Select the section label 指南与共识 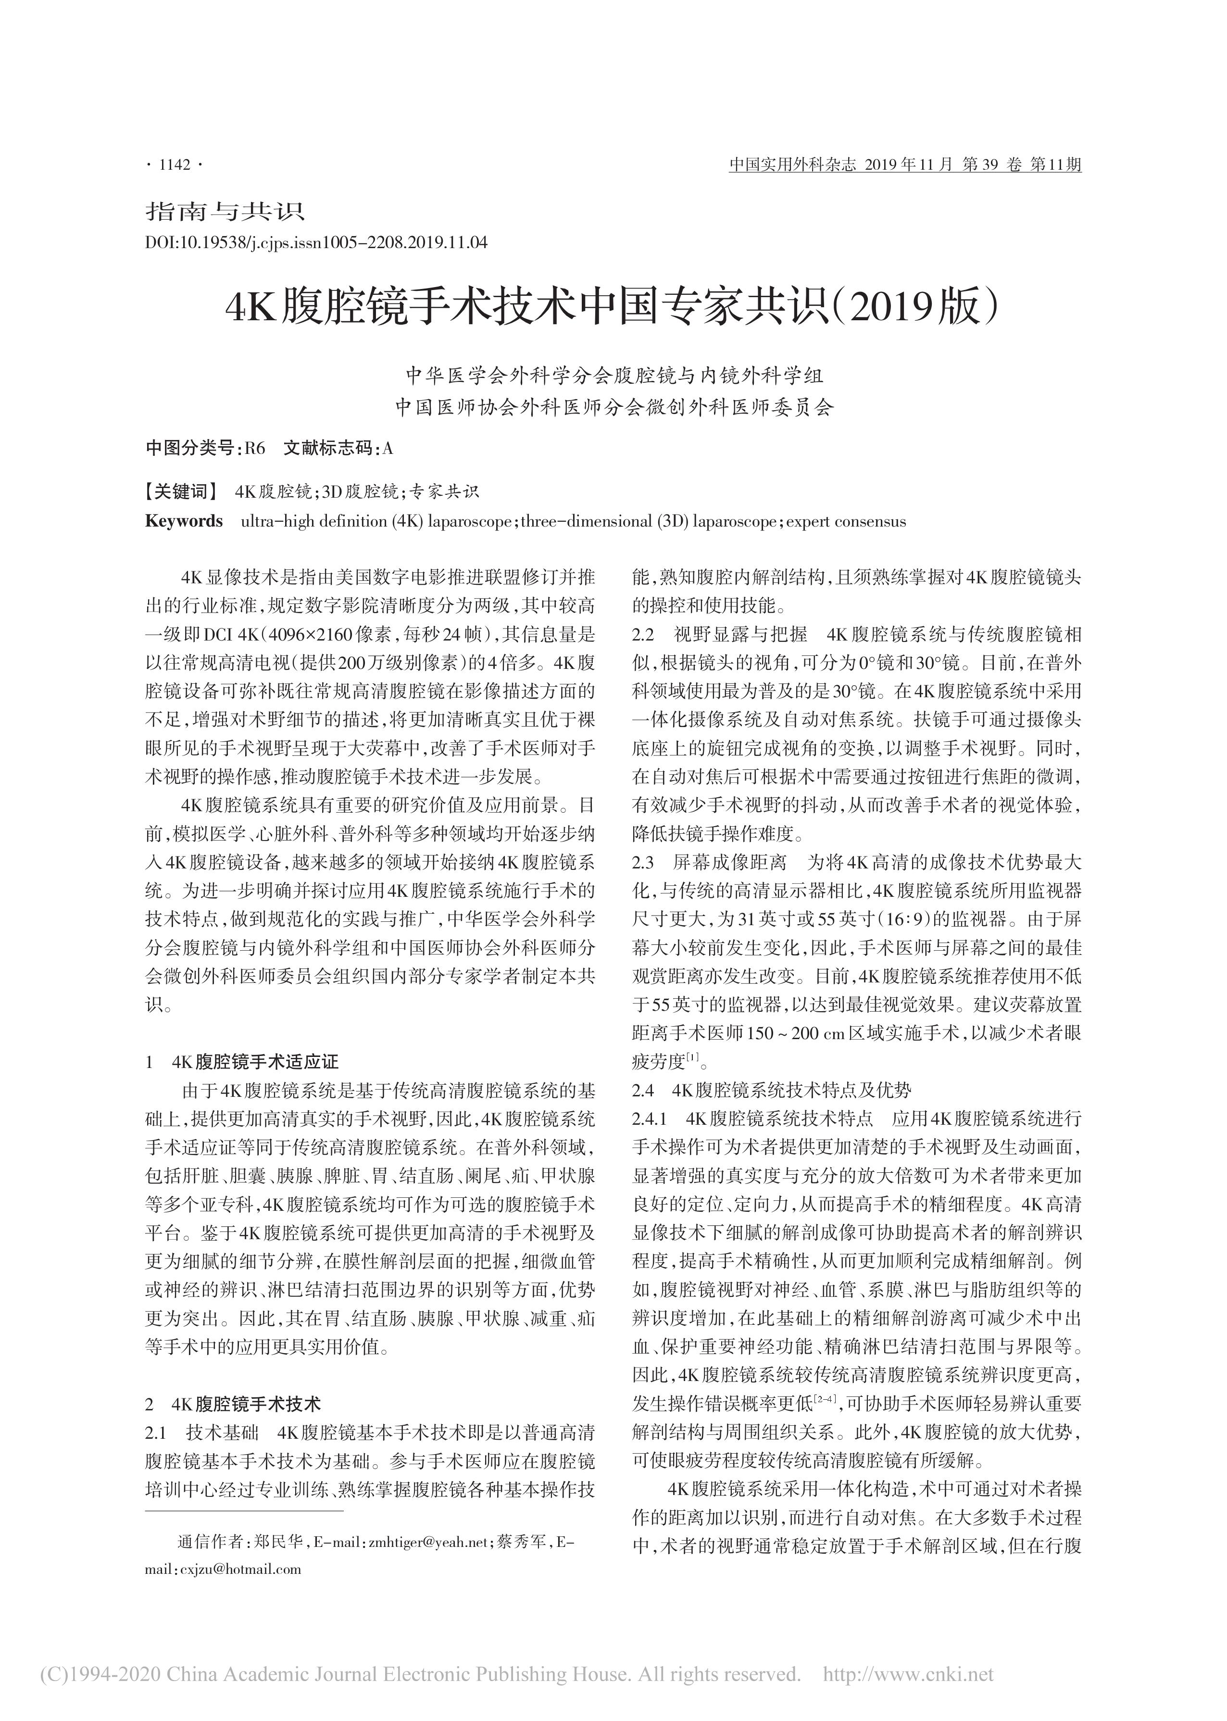tap(225, 211)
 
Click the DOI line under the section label tap(316, 243)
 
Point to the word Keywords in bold tap(184, 521)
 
